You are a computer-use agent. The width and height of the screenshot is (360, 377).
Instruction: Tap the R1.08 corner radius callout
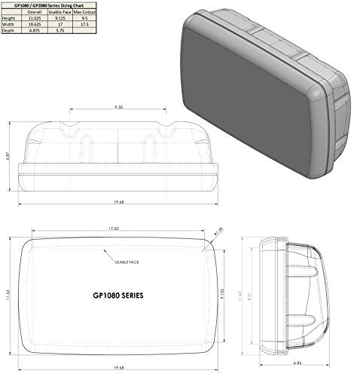[220, 238]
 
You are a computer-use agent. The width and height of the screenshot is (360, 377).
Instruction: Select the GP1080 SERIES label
[117, 296]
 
